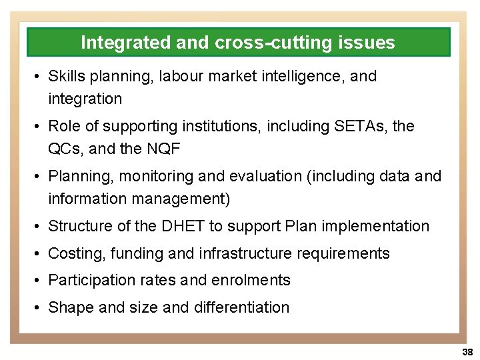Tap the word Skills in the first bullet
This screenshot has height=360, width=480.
[65, 76]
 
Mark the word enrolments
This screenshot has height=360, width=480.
[251, 280]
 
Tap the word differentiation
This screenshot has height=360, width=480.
[241, 307]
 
